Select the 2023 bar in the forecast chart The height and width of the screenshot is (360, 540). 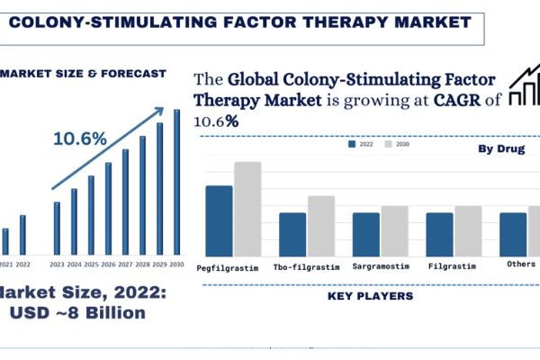tap(57, 228)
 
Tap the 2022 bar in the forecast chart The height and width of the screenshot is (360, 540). tap(22, 234)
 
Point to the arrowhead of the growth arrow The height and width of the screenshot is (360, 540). tap(160, 111)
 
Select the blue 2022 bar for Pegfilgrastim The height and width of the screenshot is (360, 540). tap(219, 221)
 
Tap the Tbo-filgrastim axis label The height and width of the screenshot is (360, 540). tap(305, 266)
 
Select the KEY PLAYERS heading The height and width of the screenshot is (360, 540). tap(371, 295)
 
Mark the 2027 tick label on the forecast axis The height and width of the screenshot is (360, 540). tap(125, 264)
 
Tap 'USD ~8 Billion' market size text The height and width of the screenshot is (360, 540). tap(77, 312)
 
